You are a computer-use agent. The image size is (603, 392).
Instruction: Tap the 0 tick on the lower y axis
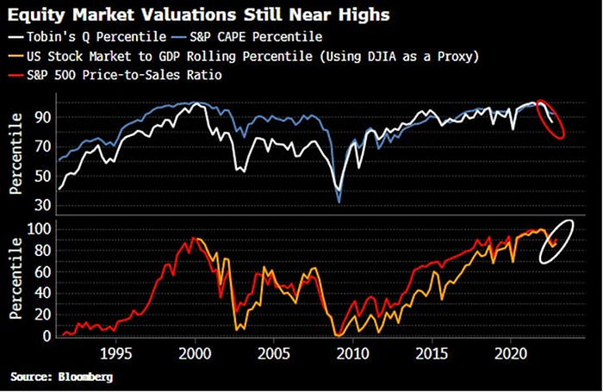point(45,337)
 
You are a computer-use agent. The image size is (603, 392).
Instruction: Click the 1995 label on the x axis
point(115,354)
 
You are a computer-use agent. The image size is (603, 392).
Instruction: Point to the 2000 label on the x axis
point(195,354)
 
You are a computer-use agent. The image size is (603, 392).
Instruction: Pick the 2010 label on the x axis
point(353,354)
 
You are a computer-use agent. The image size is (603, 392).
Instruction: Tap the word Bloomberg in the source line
point(85,377)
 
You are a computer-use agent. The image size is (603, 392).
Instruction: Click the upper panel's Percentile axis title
point(16,159)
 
